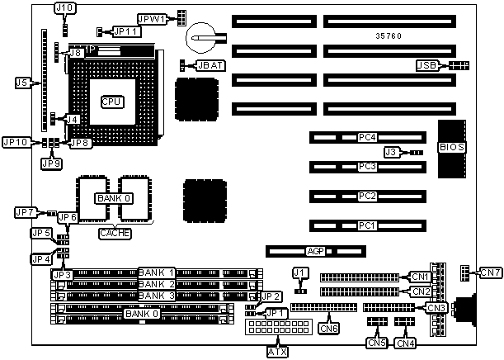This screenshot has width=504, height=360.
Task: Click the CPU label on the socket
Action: (111, 102)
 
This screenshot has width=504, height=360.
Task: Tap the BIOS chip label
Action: (452, 147)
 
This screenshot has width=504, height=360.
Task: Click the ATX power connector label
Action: (278, 351)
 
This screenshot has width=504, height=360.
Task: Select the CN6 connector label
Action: (328, 328)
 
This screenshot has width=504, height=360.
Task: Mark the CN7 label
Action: (490, 272)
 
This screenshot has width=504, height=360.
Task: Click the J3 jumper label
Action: (393, 152)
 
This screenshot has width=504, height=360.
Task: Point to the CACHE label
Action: (115, 234)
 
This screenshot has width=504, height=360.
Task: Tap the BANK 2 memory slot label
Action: (156, 284)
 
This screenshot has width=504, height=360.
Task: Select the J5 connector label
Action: (22, 83)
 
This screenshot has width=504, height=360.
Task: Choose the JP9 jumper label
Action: (51, 163)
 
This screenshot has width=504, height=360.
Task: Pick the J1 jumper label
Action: (300, 272)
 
